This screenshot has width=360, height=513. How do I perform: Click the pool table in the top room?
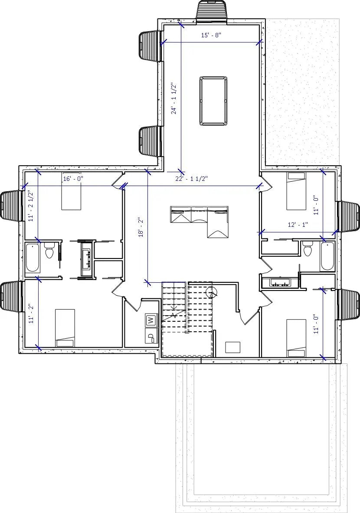click(213, 101)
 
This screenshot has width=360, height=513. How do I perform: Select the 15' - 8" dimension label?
click(211, 36)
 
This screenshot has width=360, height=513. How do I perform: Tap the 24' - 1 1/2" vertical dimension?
click(174, 98)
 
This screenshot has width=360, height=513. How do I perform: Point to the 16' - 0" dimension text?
click(73, 178)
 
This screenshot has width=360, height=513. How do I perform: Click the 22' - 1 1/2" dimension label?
click(192, 179)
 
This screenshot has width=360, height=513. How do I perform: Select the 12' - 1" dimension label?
click(298, 225)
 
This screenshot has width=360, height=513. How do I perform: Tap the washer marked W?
click(151, 320)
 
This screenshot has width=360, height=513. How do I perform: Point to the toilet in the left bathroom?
click(49, 251)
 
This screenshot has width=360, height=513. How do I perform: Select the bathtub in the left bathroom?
click(33, 258)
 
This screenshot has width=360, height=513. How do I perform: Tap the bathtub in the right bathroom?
click(327, 256)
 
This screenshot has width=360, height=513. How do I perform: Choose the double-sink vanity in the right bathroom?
click(279, 283)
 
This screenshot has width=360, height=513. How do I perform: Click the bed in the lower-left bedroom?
click(65, 327)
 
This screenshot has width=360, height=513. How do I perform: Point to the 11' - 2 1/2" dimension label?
click(31, 206)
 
